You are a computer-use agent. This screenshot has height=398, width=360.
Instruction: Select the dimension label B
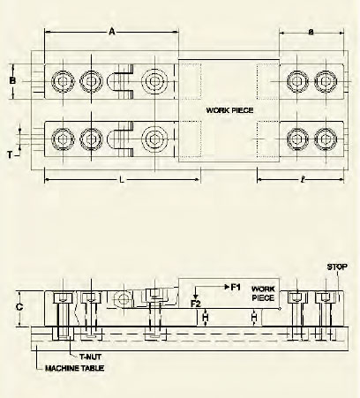coord(12,80)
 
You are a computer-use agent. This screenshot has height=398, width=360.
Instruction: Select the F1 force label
coord(234,287)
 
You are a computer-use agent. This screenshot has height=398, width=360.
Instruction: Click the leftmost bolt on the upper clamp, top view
coord(62,81)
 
